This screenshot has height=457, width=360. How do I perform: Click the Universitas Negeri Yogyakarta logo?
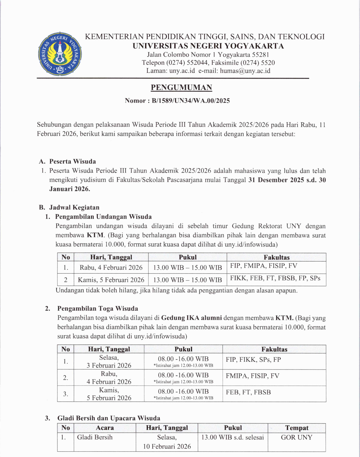click(x=60, y=54)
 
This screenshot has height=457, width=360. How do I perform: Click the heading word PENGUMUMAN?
click(x=181, y=88)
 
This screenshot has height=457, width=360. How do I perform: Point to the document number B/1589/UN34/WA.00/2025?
click(x=191, y=101)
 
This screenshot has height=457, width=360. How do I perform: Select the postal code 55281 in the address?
click(x=261, y=55)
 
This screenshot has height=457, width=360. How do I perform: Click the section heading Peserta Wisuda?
click(x=72, y=162)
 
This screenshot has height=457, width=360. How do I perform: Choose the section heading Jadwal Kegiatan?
click(x=74, y=207)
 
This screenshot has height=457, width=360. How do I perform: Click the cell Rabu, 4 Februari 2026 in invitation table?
click(x=111, y=267)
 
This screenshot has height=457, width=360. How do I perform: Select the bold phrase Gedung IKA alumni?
click(x=191, y=318)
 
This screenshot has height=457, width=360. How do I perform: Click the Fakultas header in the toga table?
click(x=274, y=349)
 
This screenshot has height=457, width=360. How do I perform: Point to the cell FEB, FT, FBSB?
click(x=248, y=392)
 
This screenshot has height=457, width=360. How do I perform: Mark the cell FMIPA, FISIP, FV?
click(x=252, y=376)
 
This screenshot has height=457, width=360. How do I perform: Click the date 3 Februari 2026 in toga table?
click(x=109, y=366)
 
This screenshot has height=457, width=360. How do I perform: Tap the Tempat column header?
click(x=297, y=428)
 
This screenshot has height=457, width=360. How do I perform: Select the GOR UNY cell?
click(x=296, y=437)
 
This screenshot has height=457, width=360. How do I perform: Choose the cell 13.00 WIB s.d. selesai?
click(x=232, y=438)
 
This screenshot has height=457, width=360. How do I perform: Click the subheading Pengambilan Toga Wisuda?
click(x=97, y=309)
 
